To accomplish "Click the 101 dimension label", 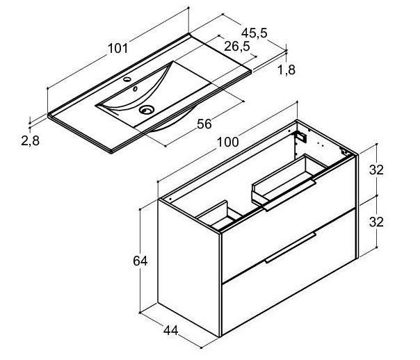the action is [118, 49].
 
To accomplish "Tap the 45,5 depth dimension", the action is [255, 33].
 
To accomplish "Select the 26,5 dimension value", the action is [237, 47].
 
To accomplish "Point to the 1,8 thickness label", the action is [286, 70].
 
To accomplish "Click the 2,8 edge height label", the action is [31, 141].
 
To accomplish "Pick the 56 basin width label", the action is [204, 124].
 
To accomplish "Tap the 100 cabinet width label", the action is [227, 142].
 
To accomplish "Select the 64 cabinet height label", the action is [140, 261].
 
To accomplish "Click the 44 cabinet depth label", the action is [170, 331].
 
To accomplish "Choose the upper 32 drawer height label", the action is [376, 170].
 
